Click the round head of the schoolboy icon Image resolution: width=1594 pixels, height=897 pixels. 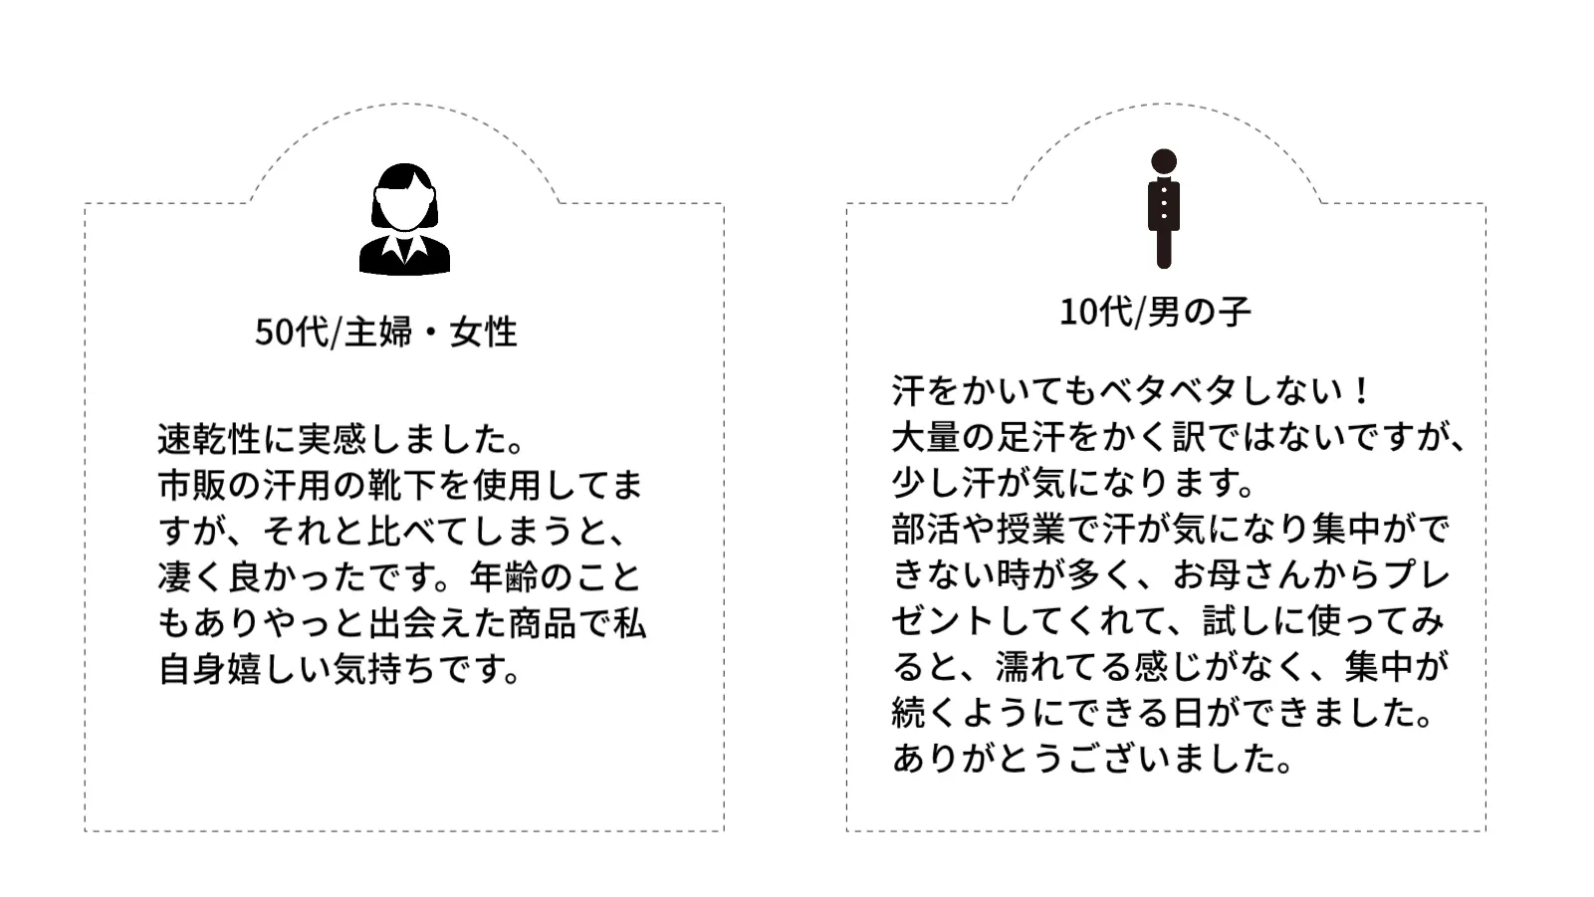coord(1163,161)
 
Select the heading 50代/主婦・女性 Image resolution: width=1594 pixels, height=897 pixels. coord(386,332)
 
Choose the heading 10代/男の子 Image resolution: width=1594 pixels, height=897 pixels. coord(1155,312)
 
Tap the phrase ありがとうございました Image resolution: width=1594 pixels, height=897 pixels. coord(1092,759)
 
